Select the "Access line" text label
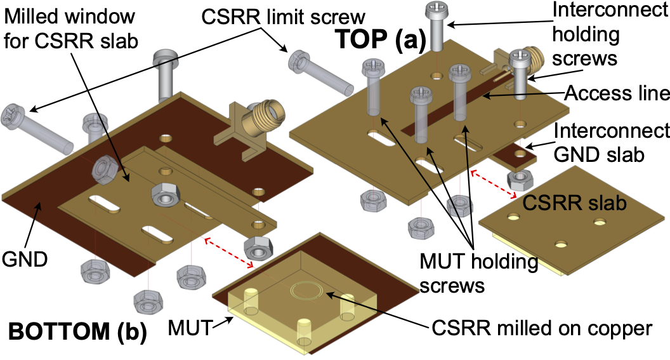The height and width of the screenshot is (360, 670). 617,94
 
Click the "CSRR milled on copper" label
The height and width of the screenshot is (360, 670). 542,328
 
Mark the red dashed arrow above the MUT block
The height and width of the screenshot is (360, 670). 229,252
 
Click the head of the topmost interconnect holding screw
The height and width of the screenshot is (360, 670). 437,11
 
